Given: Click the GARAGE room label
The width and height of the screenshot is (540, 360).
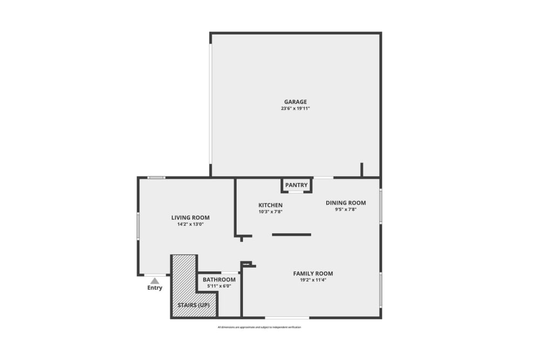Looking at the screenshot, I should coord(295,101).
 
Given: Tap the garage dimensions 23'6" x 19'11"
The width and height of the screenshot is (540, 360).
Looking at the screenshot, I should coord(295,108).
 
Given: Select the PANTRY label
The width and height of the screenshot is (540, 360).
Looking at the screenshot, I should coord(296,185).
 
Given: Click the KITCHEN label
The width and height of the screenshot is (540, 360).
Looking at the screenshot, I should coord(271,205).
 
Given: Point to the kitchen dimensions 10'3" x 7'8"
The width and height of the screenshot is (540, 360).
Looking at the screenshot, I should coord(271,212).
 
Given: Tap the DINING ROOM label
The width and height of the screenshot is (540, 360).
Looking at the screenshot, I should coord(346,203).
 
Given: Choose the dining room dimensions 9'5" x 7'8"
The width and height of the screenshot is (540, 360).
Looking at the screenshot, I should coord(346,209).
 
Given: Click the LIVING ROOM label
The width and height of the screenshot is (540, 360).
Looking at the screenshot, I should coord(190,218).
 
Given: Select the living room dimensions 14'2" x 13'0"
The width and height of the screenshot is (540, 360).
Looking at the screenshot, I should coord(190,224).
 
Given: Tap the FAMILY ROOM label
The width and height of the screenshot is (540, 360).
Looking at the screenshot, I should coord(313,274).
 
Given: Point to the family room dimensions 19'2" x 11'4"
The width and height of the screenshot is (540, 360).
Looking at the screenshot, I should coord(313,280).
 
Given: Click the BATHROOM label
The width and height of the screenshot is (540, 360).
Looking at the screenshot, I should coord(219,280).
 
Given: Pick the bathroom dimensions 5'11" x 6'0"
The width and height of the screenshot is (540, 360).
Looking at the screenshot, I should coord(219,286).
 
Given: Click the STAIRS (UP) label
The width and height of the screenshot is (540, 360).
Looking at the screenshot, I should coord(193,305).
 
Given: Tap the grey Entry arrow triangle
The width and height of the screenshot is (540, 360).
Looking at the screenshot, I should coord(155,281).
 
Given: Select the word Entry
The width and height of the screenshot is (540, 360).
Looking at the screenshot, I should coord(154,288).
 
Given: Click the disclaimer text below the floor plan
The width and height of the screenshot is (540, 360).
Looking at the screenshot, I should coord(259,328).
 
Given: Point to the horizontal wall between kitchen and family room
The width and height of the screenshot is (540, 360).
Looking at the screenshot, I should coord(292,234).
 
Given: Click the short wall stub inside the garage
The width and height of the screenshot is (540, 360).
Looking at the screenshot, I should coord(362,169).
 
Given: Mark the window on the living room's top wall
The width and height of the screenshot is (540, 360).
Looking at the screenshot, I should coord(157,178).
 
